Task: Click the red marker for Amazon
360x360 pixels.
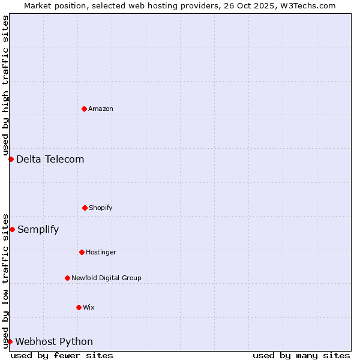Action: tap(84, 109)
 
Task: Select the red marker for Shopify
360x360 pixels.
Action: tap(85, 208)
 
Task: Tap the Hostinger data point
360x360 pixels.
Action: tap(82, 252)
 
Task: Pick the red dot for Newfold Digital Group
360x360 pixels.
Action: tap(67, 278)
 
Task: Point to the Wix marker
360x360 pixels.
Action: tap(79, 307)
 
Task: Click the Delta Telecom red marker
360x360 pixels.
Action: tap(11, 159)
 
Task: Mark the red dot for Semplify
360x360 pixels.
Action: tap(12, 229)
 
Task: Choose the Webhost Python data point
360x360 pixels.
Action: tap(10, 341)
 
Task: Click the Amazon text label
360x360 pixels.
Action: tap(101, 109)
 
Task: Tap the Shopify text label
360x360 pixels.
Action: tap(101, 208)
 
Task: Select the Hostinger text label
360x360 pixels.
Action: tap(101, 252)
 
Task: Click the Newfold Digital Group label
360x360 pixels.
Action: tap(106, 278)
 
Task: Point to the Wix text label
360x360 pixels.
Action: tap(89, 307)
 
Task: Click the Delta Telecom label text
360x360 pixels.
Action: tap(50, 159)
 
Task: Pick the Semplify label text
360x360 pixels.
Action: tap(38, 229)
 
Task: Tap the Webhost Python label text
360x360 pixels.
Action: tap(54, 341)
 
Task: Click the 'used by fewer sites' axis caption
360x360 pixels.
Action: tap(62, 355)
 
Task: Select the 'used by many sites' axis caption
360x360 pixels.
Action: tap(301, 355)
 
